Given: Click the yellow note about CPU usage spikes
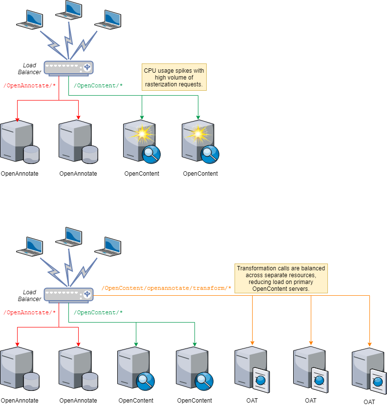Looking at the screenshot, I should pyautogui.click(x=174, y=78).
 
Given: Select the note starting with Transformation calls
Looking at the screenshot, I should pyautogui.click(x=280, y=279).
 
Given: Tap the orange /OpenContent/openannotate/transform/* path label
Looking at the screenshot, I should pyautogui.click(x=166, y=288).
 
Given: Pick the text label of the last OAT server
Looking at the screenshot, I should pyautogui.click(x=369, y=402).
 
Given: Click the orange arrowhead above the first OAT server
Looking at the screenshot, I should pyautogui.click(x=252, y=342).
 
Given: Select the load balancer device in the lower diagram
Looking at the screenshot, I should pyautogui.click(x=68, y=294).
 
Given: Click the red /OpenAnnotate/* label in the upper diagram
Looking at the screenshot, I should pyautogui.click(x=29, y=86).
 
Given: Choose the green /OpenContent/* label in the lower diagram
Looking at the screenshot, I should pyautogui.click(x=98, y=312).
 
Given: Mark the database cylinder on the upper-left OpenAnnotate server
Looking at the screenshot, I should pyautogui.click(x=31, y=154).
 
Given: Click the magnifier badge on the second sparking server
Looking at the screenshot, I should pyautogui.click(x=210, y=154).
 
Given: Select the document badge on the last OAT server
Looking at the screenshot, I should pyautogui.click(x=378, y=381).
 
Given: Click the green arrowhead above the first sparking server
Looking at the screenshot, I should pyautogui.click(x=142, y=117).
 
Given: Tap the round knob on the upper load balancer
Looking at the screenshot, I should pyautogui.click(x=87, y=67).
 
